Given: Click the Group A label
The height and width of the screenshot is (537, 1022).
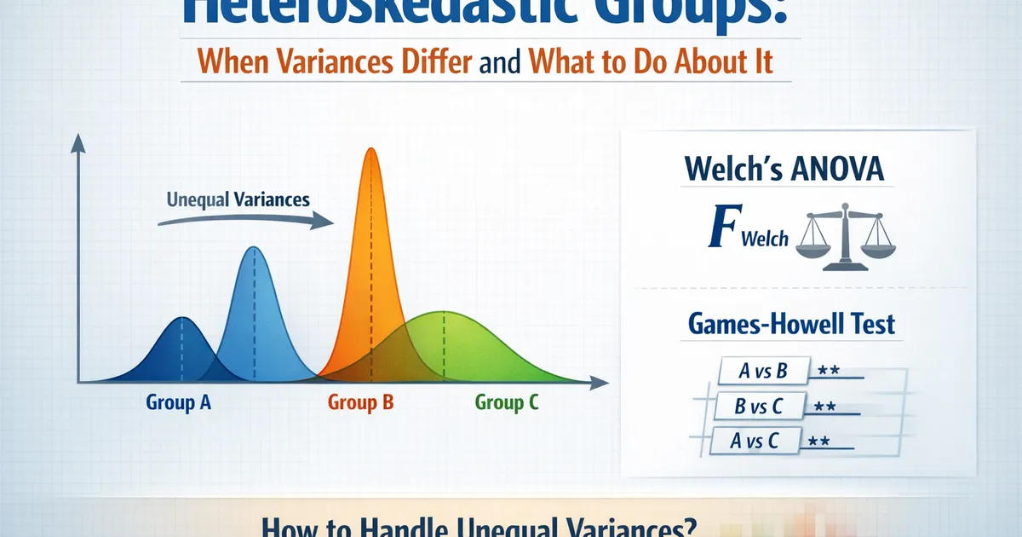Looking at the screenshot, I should pyautogui.click(x=179, y=402).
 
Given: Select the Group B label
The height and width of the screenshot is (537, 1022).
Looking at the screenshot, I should pyautogui.click(x=360, y=402).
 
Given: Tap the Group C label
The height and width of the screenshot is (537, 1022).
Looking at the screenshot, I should pyautogui.click(x=507, y=402).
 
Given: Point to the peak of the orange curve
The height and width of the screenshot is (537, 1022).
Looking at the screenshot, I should pyautogui.click(x=370, y=150).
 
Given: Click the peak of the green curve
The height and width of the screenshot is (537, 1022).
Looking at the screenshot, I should pyautogui.click(x=443, y=314).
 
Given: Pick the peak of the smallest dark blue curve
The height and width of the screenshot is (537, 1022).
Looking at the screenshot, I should pyautogui.click(x=181, y=318).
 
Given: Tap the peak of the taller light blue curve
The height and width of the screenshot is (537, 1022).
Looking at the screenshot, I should pyautogui.click(x=253, y=248).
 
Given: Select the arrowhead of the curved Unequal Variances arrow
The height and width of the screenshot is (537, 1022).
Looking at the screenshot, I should pyautogui.click(x=324, y=222).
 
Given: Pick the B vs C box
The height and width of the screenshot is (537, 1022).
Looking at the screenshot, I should pyautogui.click(x=758, y=407).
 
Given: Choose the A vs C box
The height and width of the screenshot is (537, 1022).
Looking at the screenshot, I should pyautogui.click(x=755, y=441).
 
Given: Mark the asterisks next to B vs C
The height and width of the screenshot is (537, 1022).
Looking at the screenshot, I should pyautogui.click(x=824, y=407).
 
